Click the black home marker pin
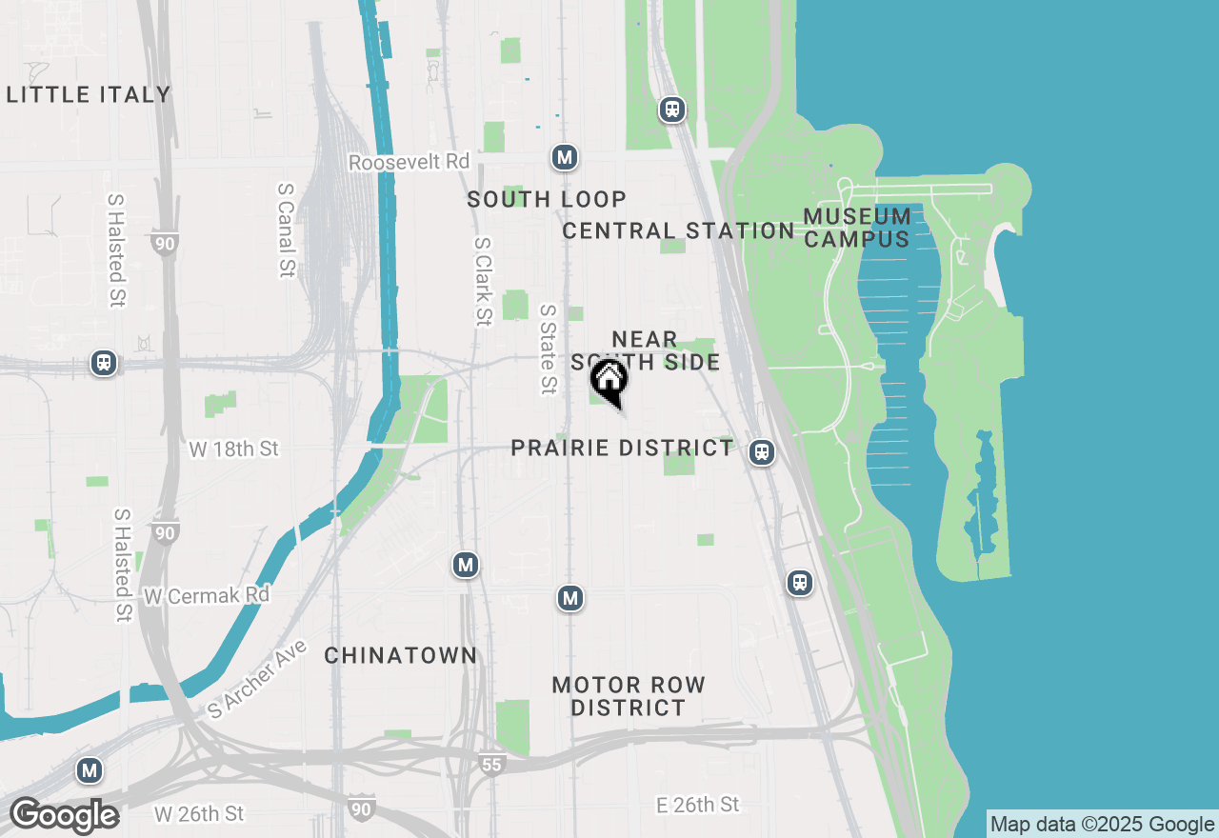609,381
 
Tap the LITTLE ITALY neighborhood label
89,94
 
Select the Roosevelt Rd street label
409,162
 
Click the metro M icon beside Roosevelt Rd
565,157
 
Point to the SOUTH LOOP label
547,199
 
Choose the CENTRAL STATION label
678,230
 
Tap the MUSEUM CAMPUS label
857,228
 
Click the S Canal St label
285,230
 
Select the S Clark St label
483,281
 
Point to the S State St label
548,349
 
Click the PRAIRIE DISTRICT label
623,448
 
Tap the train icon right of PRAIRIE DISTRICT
761,452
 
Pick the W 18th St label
233,449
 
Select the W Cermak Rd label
207,595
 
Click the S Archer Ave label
257,679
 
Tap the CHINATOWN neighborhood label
400,655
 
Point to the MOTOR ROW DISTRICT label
629,696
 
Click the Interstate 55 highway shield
490,764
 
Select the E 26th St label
698,805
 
